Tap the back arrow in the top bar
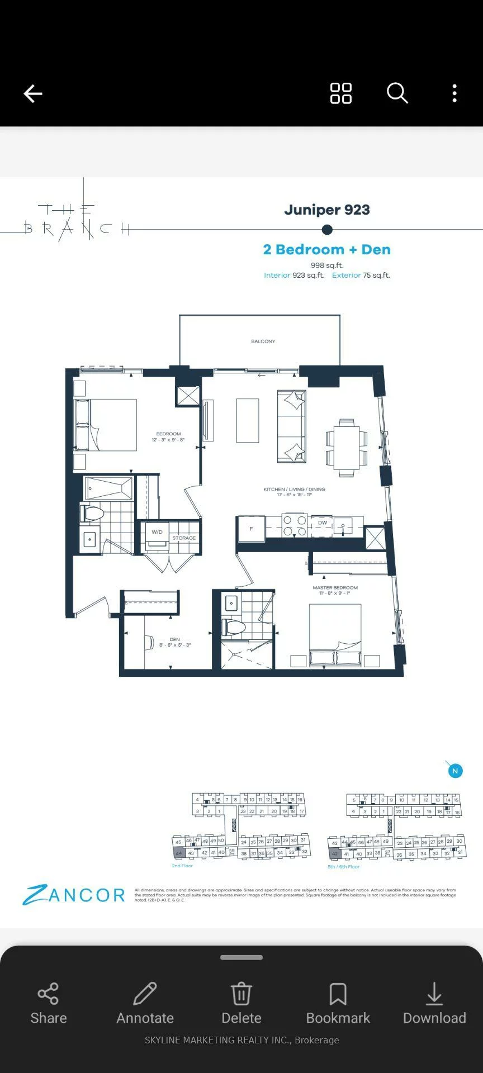point(33,93)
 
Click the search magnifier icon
point(397,93)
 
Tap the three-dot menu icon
point(454,93)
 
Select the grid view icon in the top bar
point(340,93)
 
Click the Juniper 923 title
point(327,210)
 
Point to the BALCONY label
point(263,341)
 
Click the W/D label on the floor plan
point(157,532)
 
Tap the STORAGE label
point(184,538)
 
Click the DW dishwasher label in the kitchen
point(323,523)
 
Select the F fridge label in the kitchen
point(252,529)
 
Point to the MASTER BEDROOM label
point(335,588)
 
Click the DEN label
point(175,639)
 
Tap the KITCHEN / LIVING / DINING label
point(294,490)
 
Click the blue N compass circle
point(455,771)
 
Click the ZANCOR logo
point(74,895)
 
